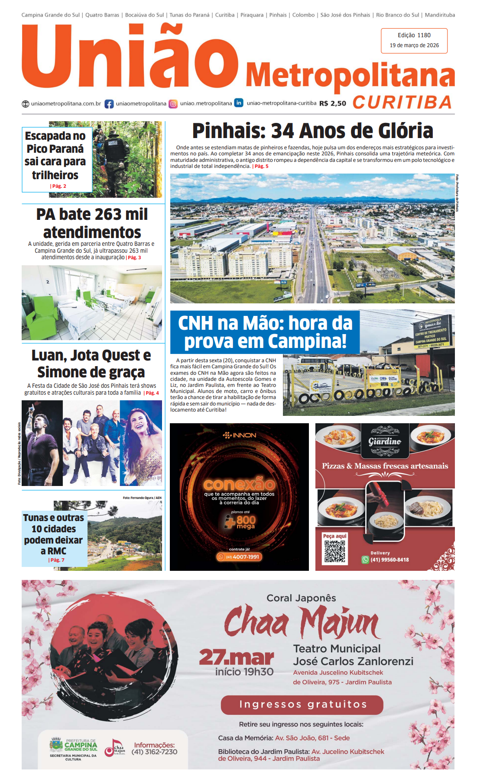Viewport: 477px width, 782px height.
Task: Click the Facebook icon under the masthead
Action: pos(109,104)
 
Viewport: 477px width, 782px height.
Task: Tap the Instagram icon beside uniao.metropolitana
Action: pos(173,104)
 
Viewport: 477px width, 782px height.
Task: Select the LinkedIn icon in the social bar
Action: pos(239,103)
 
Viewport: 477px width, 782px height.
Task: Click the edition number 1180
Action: pos(424,35)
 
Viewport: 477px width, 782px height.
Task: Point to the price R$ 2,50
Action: pos(332,103)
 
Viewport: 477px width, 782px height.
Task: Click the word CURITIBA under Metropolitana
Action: pos(402,103)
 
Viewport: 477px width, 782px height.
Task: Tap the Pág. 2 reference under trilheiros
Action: pos(58,186)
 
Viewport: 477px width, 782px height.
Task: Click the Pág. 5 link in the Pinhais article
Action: pos(261,166)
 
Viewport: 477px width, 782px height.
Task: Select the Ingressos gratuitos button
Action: pos(302,705)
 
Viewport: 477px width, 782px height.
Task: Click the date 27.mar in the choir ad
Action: pos(236,657)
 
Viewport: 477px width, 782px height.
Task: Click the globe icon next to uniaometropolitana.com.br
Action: pos(26,104)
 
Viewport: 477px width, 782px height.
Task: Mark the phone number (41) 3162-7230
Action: pos(154,752)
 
